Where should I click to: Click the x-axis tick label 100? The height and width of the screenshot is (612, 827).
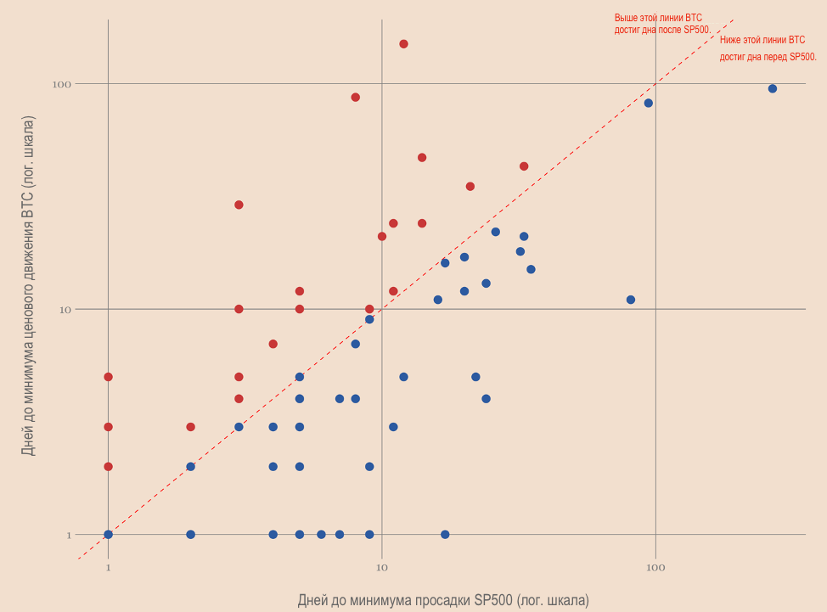(655, 566)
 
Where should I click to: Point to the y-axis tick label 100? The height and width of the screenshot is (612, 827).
(60, 84)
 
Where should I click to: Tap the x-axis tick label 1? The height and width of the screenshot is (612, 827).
(108, 566)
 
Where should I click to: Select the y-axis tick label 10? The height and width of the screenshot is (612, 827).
(64, 309)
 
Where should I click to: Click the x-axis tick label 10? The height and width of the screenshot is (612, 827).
(382, 566)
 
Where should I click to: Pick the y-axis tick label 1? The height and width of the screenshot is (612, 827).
(69, 535)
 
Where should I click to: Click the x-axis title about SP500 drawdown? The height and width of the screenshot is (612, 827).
(442, 601)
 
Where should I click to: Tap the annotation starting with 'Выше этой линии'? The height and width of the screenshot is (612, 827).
(662, 24)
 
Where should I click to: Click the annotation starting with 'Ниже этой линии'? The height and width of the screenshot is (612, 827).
(768, 48)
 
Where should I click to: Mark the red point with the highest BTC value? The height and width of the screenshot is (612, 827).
(403, 44)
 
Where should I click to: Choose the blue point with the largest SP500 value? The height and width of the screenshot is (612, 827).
(772, 88)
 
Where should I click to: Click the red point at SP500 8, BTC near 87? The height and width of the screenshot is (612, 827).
(355, 98)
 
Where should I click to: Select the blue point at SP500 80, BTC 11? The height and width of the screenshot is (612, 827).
(630, 300)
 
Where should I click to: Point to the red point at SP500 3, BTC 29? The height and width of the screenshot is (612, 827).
(239, 205)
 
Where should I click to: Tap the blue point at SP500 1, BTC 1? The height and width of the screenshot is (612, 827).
(108, 535)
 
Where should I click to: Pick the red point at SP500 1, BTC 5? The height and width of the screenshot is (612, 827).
(108, 377)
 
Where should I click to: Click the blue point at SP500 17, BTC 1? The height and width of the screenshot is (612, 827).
(445, 535)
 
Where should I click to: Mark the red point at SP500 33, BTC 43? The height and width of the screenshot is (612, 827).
(524, 166)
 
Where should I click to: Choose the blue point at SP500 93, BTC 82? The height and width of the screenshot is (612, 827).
(648, 103)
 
